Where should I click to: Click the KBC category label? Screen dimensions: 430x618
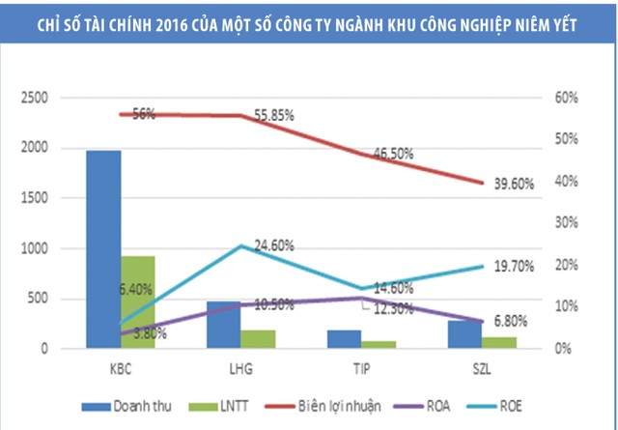tap(122, 368)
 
